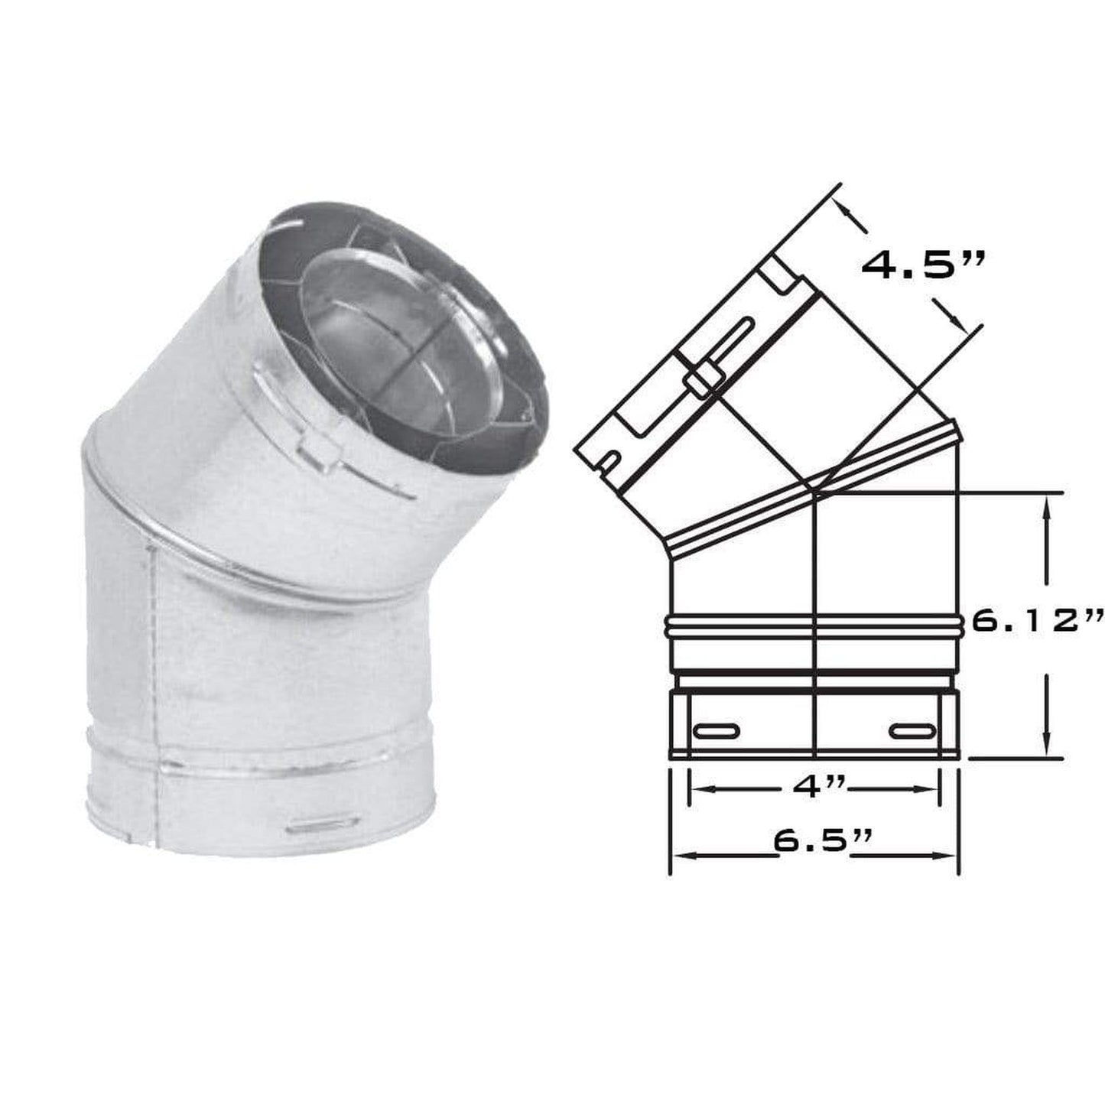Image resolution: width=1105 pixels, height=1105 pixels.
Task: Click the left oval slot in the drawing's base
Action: (717, 732)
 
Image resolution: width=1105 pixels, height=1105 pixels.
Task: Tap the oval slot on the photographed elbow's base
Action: (324, 824)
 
